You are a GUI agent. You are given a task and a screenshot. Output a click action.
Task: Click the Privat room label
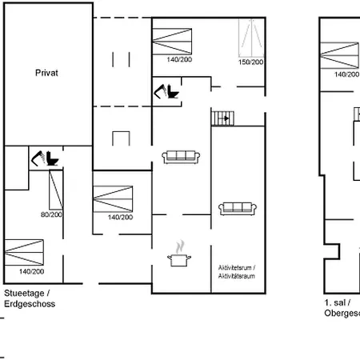coord(47,71)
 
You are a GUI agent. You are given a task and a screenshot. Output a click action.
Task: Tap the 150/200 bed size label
coord(251,62)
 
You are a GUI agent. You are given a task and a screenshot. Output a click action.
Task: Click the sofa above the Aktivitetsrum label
coord(238,208)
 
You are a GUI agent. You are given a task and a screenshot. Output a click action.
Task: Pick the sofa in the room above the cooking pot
coord(180,157)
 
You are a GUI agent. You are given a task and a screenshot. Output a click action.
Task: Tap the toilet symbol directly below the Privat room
coord(47,158)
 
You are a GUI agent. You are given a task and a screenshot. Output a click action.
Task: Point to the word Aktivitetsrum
coord(238,266)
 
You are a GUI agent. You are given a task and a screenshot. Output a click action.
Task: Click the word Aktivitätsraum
coord(238,274)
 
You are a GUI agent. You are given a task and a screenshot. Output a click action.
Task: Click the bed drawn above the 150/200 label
coord(252,36)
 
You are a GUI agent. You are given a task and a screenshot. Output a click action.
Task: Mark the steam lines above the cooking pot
coord(180,242)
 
